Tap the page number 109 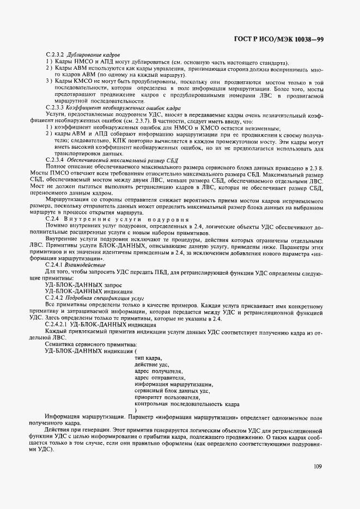tap(319, 466)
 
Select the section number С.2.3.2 tap(56, 55)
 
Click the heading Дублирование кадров tap(85, 55)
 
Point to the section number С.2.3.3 tap(56, 108)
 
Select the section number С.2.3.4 tap(56, 160)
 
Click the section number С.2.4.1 tap(56, 265)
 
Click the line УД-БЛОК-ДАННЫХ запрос tap(80, 285)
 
